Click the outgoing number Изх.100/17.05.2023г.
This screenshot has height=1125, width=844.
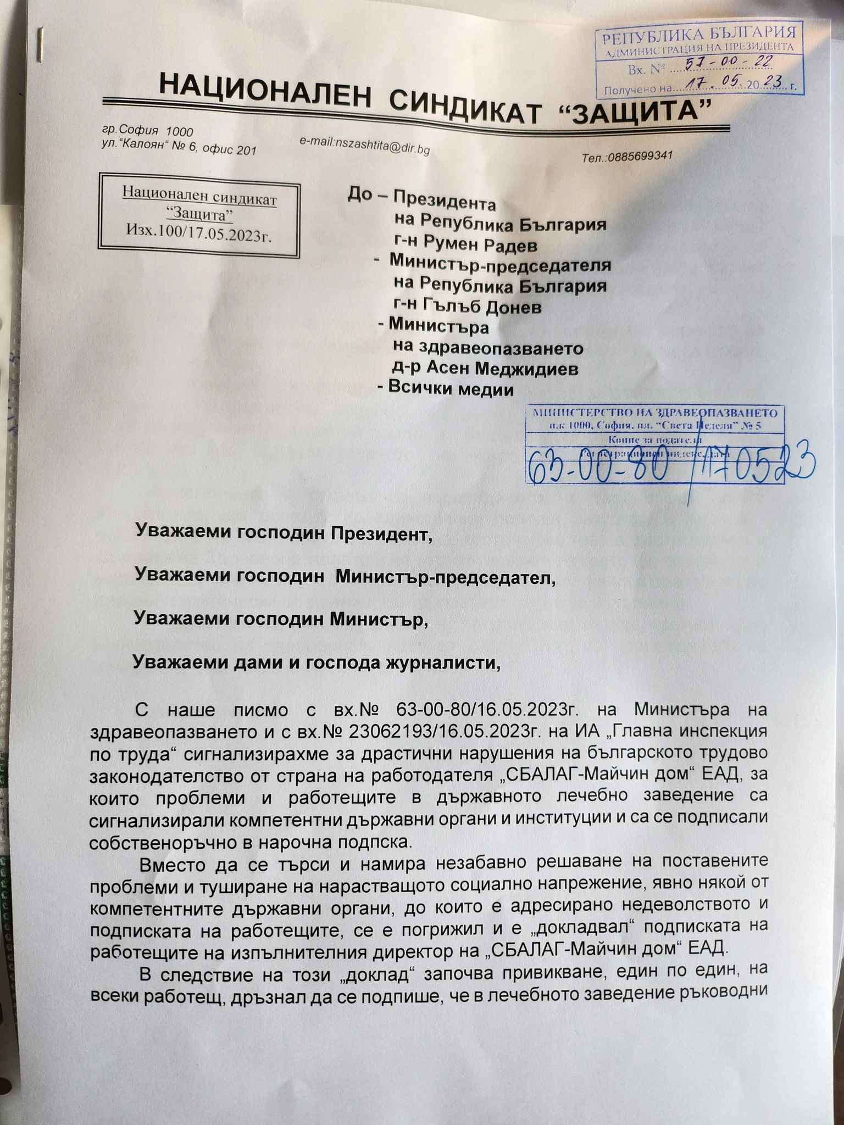point(199,229)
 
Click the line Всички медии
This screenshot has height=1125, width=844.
point(451,389)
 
